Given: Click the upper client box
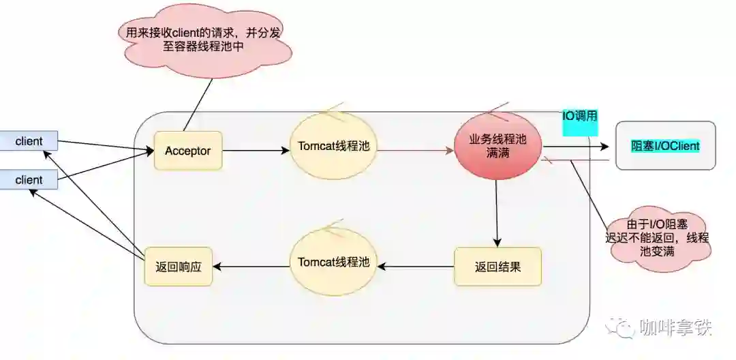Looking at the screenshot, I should (x=29, y=141).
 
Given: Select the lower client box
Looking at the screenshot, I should (x=29, y=180).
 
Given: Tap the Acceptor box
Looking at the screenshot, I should (x=188, y=151).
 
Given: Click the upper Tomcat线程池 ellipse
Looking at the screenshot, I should (x=334, y=146).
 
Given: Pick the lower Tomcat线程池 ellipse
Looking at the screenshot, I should (x=334, y=262).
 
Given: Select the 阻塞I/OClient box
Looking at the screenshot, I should (x=665, y=146).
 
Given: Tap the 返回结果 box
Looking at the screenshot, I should (x=497, y=267).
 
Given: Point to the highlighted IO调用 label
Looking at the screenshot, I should (x=580, y=117).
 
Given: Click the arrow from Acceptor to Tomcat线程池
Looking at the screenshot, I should (x=256, y=151).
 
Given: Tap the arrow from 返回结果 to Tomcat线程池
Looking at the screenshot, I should (x=416, y=266).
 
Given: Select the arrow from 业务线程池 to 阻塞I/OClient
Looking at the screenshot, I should (x=576, y=146).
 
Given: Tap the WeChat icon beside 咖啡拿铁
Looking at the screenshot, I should (x=622, y=329).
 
